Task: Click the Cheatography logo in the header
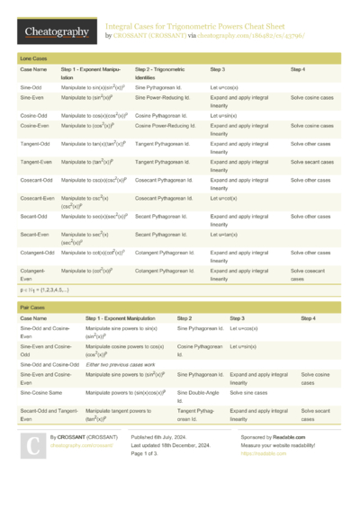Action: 57,32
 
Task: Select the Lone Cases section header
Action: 34,58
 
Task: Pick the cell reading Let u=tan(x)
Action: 223,235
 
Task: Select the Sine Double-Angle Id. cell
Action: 197,396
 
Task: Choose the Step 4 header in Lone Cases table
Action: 298,68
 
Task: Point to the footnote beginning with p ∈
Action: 45,290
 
